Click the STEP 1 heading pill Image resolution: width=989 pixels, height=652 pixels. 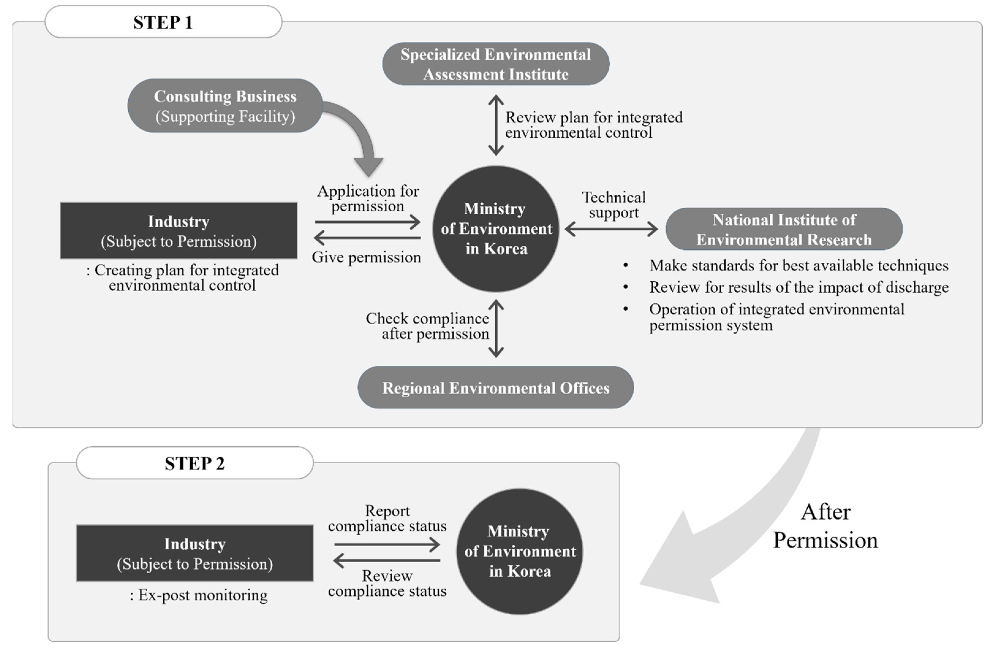point(163,22)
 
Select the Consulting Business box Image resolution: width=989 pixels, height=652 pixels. point(225,106)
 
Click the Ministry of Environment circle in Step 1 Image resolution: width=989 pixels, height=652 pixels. point(496,229)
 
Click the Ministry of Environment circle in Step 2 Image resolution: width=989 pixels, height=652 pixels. point(519,551)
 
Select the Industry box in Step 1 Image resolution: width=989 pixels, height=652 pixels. point(179,231)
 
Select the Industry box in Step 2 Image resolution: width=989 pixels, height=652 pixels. point(194,553)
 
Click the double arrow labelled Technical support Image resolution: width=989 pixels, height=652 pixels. point(611,229)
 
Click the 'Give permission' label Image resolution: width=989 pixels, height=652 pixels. point(366,257)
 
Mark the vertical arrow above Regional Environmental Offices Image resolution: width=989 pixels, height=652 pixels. point(496,329)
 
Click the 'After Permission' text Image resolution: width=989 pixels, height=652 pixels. point(825,526)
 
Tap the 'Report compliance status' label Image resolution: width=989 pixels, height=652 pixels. point(387,518)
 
